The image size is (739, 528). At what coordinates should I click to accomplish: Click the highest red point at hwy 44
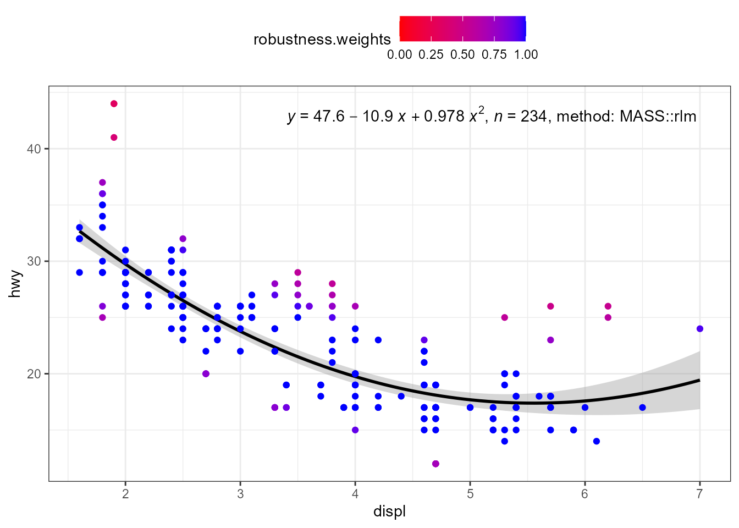114,104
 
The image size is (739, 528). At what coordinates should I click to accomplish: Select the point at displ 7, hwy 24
699,329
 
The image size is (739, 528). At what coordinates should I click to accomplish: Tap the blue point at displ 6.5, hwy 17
642,408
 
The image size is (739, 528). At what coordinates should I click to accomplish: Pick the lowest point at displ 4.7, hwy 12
435,464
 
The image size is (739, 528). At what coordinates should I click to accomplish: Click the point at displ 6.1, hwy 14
596,441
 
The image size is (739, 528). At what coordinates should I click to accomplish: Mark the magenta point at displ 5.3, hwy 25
504,317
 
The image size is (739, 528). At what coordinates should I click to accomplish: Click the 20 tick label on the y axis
34,374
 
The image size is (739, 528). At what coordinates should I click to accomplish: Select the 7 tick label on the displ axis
699,494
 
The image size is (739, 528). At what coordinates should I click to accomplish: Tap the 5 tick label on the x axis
470,494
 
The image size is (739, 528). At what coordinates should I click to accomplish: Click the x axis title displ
389,512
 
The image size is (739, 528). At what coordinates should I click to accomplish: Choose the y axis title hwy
15,284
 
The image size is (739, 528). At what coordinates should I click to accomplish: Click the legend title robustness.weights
322,40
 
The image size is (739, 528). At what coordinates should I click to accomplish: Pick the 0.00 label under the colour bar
399,54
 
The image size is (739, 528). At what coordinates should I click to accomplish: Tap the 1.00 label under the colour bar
526,54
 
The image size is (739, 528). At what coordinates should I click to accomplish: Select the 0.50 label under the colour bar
462,54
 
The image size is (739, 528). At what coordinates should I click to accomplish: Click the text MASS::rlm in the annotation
658,117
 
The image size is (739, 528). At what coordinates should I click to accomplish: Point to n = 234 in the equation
520,117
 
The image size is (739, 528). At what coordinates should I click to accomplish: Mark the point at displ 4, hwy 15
355,430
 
